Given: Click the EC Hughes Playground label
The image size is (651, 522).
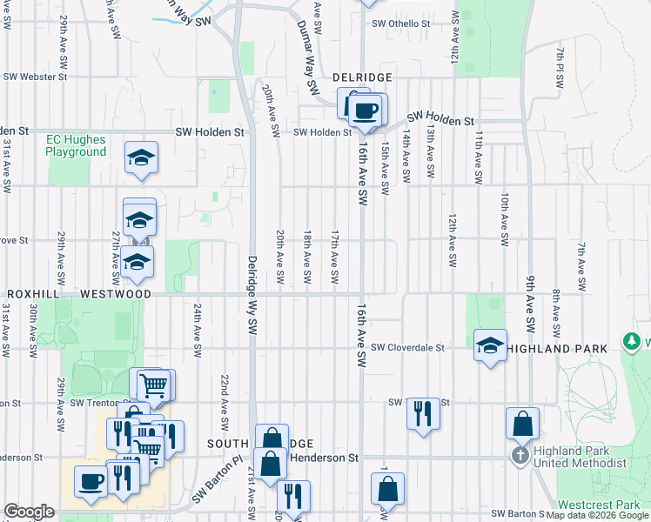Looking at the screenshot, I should (x=77, y=145).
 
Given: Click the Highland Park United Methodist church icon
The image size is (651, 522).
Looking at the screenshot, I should (x=520, y=456).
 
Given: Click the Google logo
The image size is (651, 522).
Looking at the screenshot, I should (x=29, y=512).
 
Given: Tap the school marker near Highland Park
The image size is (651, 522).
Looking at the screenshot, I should (x=490, y=345).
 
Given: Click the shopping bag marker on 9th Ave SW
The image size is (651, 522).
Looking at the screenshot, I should (x=522, y=424).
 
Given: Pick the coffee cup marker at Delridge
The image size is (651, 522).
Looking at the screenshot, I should (x=366, y=110).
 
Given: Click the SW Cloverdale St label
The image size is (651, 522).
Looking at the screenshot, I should (x=407, y=347).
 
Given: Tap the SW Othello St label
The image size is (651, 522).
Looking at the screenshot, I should (x=403, y=23).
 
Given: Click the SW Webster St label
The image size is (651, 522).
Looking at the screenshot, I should (x=35, y=77).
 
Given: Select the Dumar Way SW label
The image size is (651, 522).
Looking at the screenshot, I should (x=306, y=55).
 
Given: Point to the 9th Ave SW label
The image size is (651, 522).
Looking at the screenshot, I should (x=530, y=305).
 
